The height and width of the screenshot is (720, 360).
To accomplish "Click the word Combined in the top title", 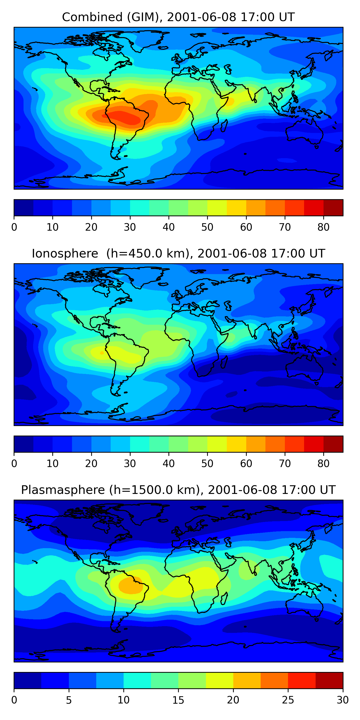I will click(92, 17).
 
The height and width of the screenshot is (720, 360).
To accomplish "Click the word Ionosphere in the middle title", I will click(65, 254).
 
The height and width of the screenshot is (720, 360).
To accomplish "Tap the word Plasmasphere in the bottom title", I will click(63, 490).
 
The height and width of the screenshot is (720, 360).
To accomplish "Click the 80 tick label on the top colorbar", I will click(323, 227).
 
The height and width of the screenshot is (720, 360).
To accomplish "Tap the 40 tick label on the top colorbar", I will click(168, 227).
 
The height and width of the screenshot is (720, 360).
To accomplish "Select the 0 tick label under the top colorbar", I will click(14, 227).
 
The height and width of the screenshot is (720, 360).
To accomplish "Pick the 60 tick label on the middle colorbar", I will click(246, 464).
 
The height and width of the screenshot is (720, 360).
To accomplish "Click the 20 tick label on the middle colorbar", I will click(91, 464).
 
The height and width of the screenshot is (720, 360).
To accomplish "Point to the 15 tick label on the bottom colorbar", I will click(178, 700).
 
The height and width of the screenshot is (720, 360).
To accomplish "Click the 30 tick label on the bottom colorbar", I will click(342, 700).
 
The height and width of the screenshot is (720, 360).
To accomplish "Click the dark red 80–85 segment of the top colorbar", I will click(333, 208).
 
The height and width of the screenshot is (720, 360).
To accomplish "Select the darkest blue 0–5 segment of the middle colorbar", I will click(24, 444).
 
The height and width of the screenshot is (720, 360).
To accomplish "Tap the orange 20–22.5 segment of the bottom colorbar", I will click(247, 680).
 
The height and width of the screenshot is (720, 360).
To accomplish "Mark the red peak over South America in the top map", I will click(123, 117).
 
